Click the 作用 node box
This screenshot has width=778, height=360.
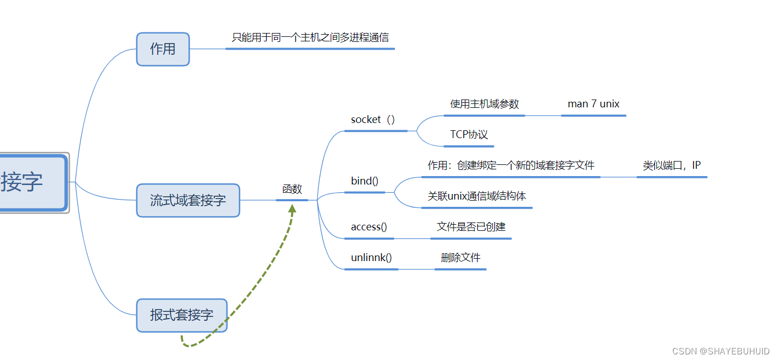pyautogui.click(x=163, y=49)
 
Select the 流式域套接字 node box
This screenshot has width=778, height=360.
pyautogui.click(x=188, y=200)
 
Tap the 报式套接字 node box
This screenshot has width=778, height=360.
pyautogui.click(x=182, y=315)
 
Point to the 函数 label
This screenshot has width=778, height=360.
pyautogui.click(x=292, y=190)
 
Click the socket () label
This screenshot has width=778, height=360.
pyautogui.click(x=373, y=120)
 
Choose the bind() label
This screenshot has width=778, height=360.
pyautogui.click(x=365, y=181)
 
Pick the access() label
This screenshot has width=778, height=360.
pyautogui.click(x=369, y=227)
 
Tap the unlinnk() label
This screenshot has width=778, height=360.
pyautogui.click(x=371, y=258)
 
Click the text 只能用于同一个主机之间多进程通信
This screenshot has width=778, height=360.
pyautogui.click(x=310, y=38)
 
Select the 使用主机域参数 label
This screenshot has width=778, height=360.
pyautogui.click(x=484, y=104)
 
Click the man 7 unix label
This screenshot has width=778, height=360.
pyautogui.click(x=593, y=104)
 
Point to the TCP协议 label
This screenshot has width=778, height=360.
pyautogui.click(x=469, y=135)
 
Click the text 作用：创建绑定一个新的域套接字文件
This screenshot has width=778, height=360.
pyautogui.click(x=511, y=165)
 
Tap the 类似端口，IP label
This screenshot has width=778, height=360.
pyautogui.click(x=672, y=165)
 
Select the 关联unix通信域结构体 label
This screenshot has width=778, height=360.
pyautogui.click(x=477, y=196)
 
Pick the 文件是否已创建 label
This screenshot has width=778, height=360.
pyautogui.click(x=471, y=227)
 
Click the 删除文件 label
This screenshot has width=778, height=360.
pyautogui.click(x=460, y=258)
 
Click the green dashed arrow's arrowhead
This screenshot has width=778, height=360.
pyautogui.click(x=292, y=209)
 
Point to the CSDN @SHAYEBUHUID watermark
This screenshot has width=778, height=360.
pyautogui.click(x=721, y=351)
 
